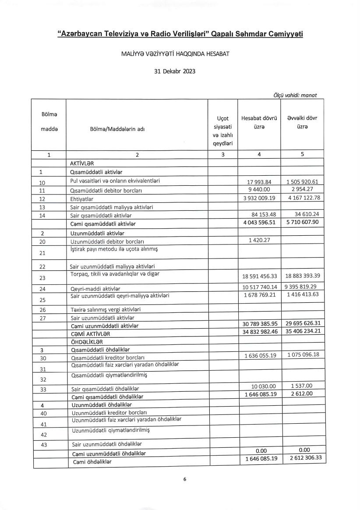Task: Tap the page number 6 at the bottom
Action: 184,479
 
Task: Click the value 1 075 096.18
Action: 302,355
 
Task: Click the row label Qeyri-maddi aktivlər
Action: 95,289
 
